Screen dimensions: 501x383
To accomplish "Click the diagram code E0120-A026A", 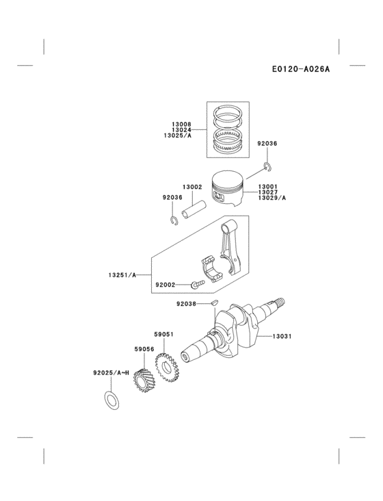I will point(300,69).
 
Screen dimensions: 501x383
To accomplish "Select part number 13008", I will point(181,125).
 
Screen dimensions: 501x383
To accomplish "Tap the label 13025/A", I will point(178,136).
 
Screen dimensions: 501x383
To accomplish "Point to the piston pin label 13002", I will point(191,187).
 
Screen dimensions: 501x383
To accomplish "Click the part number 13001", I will point(267,187).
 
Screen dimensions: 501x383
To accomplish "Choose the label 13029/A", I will point(272,198).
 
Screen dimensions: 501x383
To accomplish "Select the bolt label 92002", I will point(165,284).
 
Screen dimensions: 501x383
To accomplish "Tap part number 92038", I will point(186,303).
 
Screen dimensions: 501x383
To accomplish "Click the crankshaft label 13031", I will point(282,336).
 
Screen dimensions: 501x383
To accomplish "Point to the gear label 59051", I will point(163,335).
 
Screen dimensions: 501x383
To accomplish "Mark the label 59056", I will point(143,348).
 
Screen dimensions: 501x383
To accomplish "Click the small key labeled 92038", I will point(213,300).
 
